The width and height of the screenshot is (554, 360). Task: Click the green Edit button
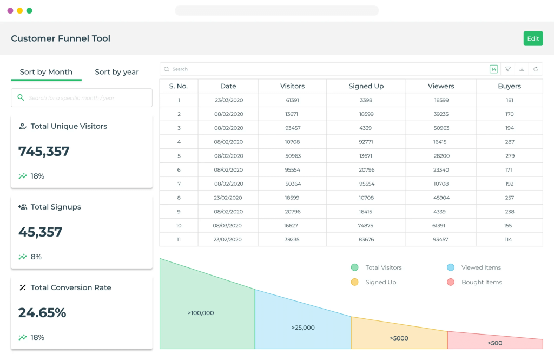tap(533, 38)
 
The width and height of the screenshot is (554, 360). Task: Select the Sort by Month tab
tap(46, 72)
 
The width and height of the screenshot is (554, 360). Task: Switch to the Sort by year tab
tap(116, 72)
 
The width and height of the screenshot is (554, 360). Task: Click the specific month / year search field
tap(81, 98)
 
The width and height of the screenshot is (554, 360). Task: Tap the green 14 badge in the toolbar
tap(493, 69)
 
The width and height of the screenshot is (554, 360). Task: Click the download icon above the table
tap(522, 69)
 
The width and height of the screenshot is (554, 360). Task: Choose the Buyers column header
tap(509, 86)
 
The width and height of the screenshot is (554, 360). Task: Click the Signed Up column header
tap(366, 86)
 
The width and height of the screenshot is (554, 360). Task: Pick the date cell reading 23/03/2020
tap(228, 100)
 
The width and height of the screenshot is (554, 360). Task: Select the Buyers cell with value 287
tap(509, 142)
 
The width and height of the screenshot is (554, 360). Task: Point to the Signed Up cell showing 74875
tap(366, 225)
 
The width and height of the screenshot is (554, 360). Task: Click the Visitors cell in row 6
tap(292, 169)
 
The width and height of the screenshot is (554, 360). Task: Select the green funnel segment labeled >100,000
tap(201, 312)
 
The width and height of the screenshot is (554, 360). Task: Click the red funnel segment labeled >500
tap(494, 343)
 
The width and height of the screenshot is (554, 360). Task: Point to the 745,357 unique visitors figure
tap(44, 152)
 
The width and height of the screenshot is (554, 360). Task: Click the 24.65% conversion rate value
tap(42, 313)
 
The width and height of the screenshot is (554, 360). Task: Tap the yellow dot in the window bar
tap(19, 10)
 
